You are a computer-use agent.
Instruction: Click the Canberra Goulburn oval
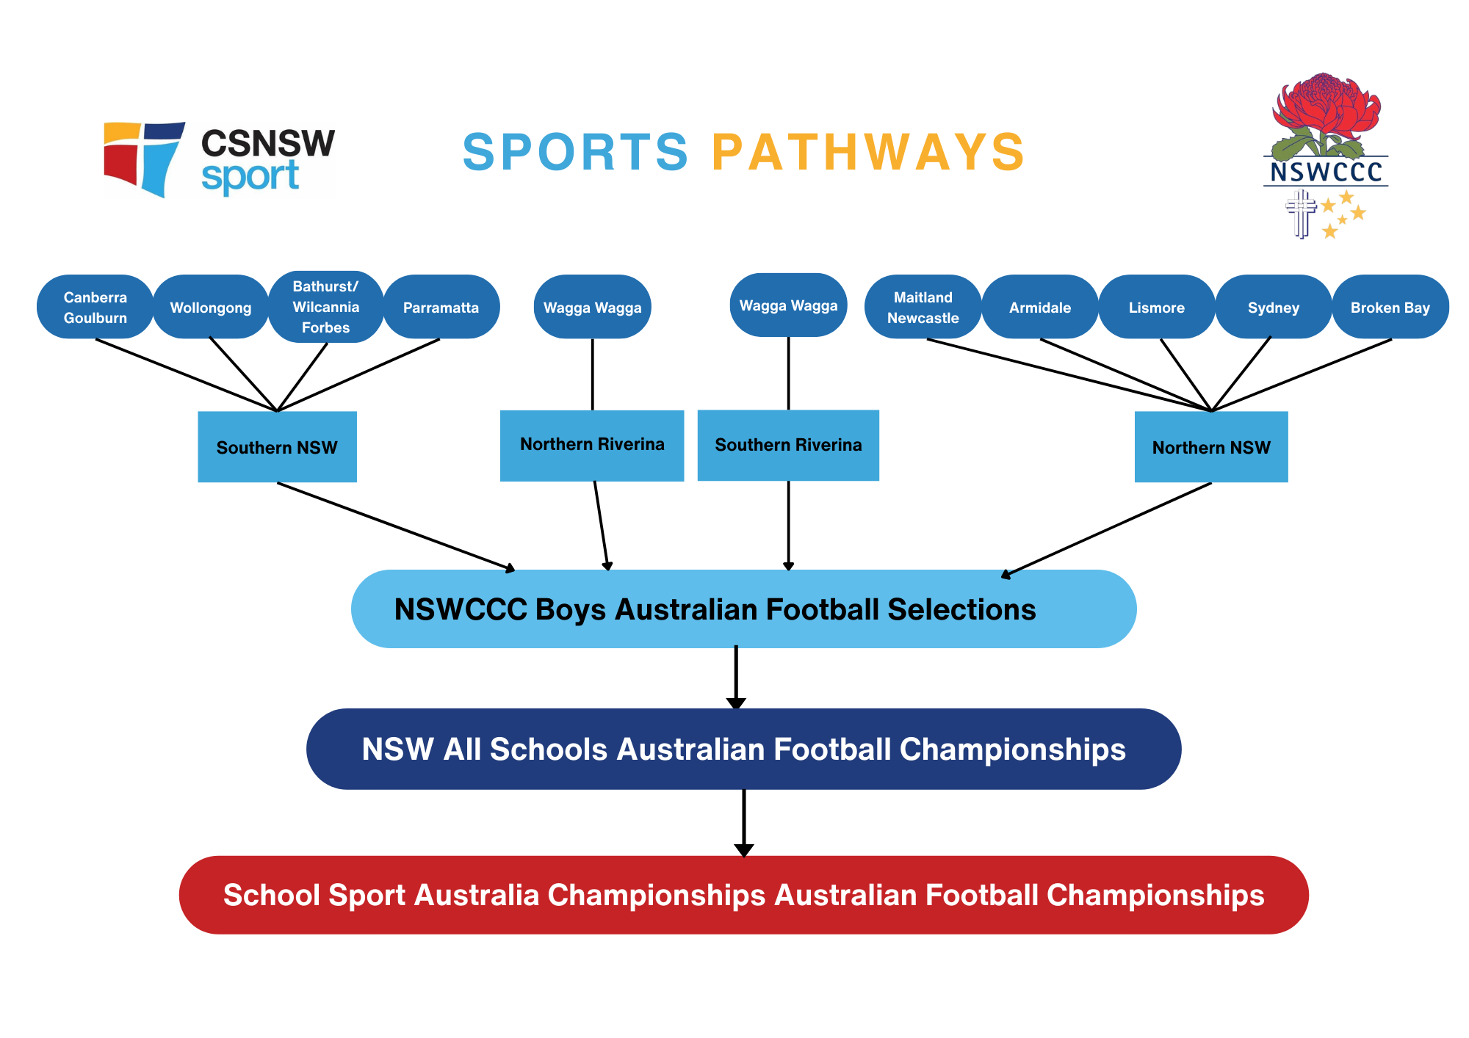tap(95, 307)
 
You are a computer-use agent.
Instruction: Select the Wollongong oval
tap(211, 307)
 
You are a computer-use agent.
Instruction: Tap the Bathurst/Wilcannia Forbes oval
tap(325, 307)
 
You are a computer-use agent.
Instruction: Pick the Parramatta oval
tap(441, 307)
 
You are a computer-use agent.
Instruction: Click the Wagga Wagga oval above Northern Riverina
tap(592, 307)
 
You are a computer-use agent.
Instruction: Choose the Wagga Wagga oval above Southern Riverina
tap(788, 305)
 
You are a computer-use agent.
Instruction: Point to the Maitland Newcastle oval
tap(923, 307)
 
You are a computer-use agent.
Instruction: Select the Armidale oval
tap(1039, 307)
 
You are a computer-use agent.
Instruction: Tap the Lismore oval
tap(1156, 307)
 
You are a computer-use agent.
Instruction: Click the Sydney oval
tap(1273, 307)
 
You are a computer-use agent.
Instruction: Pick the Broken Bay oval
tap(1390, 307)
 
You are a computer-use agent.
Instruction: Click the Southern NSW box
tap(277, 447)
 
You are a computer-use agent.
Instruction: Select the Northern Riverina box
tap(592, 445)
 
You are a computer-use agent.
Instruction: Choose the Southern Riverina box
tap(788, 445)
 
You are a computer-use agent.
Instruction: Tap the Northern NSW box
tap(1211, 447)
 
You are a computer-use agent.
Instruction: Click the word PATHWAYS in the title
tap(868, 153)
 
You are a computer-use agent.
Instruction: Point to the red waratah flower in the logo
tap(1327, 106)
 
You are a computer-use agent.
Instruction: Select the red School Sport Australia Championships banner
tap(743, 895)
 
